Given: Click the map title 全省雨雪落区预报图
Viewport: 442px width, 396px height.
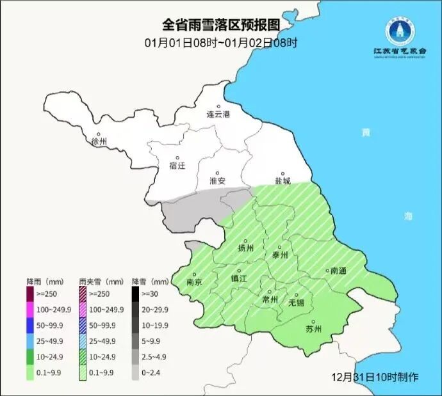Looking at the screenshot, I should point(220,24).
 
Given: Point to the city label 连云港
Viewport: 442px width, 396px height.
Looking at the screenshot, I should point(218,115).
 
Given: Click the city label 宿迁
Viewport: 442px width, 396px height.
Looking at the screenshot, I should point(177,165).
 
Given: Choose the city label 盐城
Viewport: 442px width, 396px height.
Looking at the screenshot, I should point(282,181).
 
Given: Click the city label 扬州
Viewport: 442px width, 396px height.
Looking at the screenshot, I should point(246,248).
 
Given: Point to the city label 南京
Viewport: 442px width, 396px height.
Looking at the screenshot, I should point(195,281).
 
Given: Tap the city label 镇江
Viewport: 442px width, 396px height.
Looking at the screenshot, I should point(239,278).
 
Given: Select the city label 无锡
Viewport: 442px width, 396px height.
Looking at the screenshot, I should point(297,301).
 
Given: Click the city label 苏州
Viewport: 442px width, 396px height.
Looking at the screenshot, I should point(314,329).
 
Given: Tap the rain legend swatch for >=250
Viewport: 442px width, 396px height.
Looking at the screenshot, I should point(30,294).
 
